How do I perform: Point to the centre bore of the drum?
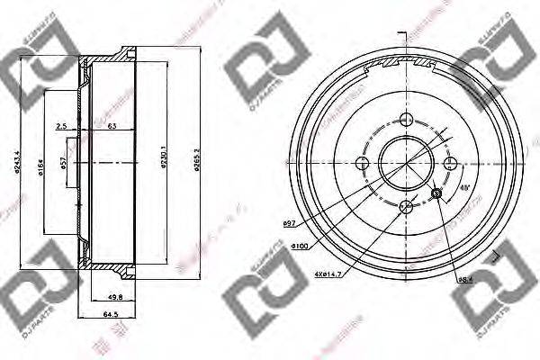406,163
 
